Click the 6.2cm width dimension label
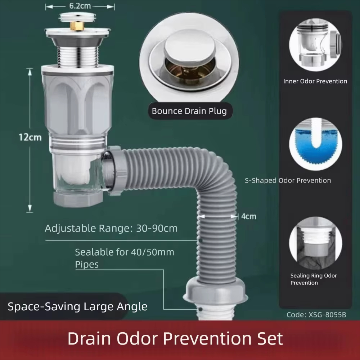pos(80,6)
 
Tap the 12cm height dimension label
pos(30,137)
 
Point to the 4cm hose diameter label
pos(249,216)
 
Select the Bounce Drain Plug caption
pos(189,111)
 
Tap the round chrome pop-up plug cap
pos(190,46)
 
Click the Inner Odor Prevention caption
pos(315,81)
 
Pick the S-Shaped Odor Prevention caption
pos(288,180)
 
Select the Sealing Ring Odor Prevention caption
pos(314,279)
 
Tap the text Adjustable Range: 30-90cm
pos(111,229)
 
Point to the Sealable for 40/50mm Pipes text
pos(125,258)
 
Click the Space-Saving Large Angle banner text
pos(78,306)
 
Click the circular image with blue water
pos(315,144)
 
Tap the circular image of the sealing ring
pos(315,243)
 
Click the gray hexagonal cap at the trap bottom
pos(78,199)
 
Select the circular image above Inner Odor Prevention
pos(315,45)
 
